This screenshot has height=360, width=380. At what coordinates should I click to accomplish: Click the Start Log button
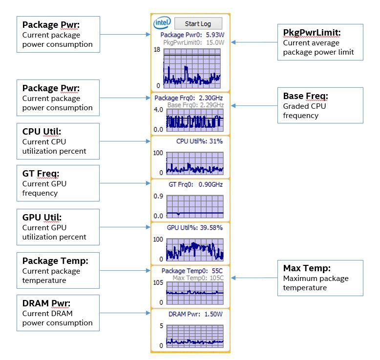point(198,23)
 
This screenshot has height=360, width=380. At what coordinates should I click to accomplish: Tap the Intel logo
point(162,23)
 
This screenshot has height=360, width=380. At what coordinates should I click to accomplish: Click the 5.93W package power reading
point(215,35)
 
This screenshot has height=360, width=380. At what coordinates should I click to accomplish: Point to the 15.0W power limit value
point(215,42)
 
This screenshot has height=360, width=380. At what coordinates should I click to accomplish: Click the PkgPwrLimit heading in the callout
point(312,33)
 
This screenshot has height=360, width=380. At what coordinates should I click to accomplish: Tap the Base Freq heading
point(306,96)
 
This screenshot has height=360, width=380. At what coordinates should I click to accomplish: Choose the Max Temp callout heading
point(307,268)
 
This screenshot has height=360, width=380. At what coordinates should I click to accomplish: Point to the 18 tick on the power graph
point(157,50)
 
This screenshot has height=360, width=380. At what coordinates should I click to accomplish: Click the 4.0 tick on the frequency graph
point(158,110)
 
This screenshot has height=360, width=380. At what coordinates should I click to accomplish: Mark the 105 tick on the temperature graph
point(158,282)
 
